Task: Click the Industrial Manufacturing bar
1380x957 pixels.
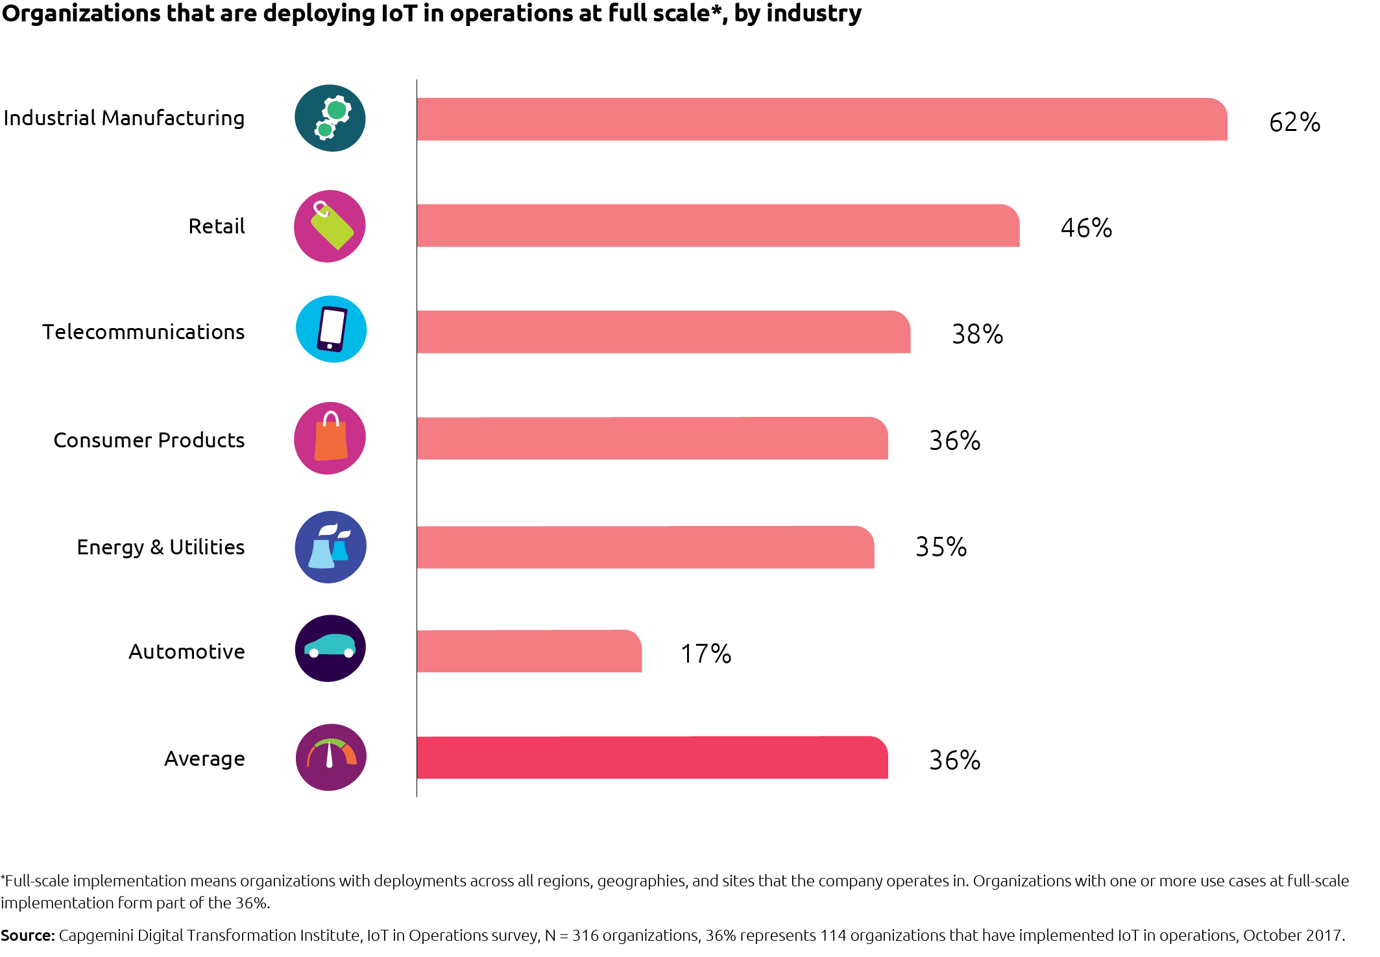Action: point(821,119)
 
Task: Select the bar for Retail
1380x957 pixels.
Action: point(718,226)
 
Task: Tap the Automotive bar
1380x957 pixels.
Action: point(529,651)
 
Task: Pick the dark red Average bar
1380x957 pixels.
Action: point(652,757)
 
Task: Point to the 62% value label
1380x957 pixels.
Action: point(1294,123)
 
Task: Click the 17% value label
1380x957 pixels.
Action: point(705,654)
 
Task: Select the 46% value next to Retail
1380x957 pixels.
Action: point(1086,228)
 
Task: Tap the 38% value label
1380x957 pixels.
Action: point(977,335)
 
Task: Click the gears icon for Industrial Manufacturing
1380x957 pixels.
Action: point(330,119)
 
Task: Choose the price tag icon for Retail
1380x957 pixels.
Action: point(330,226)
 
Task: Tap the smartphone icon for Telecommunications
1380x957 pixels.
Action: point(331,329)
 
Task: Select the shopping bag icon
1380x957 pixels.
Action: point(330,438)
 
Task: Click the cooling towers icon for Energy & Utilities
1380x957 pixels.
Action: point(330,547)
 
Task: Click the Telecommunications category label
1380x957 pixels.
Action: point(143,332)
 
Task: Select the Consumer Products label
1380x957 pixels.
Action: point(149,440)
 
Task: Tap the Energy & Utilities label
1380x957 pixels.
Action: point(160,547)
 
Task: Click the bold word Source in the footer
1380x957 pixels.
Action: point(27,936)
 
